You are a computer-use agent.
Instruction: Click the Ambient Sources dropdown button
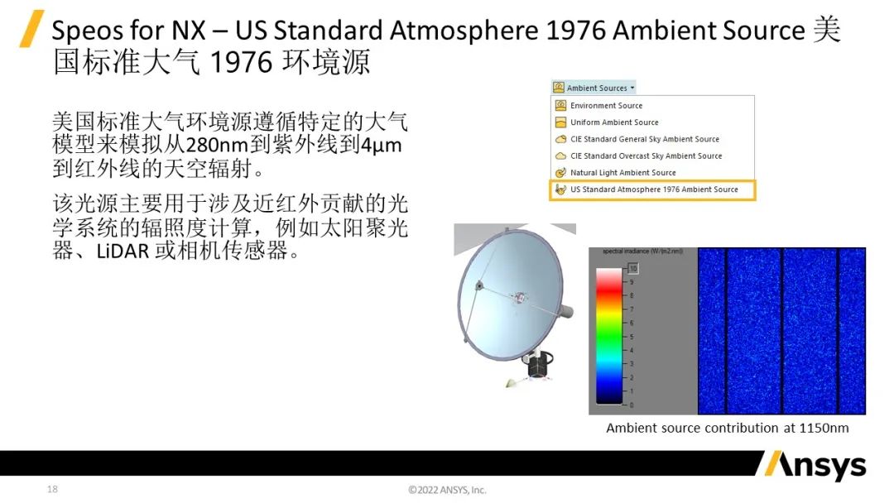click(594, 88)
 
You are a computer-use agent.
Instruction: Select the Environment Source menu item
click(606, 106)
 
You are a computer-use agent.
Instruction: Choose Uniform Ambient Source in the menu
click(614, 122)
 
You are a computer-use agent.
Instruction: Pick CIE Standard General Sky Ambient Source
click(644, 139)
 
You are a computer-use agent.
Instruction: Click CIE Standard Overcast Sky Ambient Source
click(646, 156)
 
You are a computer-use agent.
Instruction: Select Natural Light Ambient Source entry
click(622, 173)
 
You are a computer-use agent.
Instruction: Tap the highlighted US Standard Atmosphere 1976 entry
click(653, 189)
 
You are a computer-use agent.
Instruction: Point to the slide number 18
click(53, 490)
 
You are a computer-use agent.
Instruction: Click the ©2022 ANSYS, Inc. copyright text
click(447, 490)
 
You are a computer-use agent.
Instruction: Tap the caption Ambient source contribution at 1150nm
click(727, 428)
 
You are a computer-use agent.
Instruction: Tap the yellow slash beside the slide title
click(31, 29)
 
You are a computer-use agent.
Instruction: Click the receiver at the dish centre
click(520, 295)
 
